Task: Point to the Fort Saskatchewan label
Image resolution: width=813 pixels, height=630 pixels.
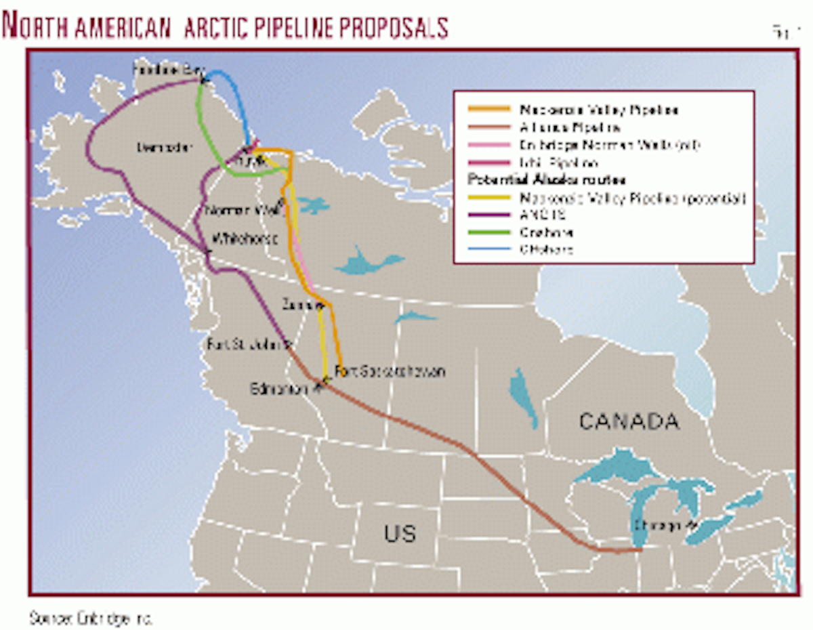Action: [x=390, y=372]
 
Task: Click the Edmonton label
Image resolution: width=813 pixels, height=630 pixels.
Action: [x=280, y=390]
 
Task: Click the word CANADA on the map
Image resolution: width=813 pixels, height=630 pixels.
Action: [x=629, y=421]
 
